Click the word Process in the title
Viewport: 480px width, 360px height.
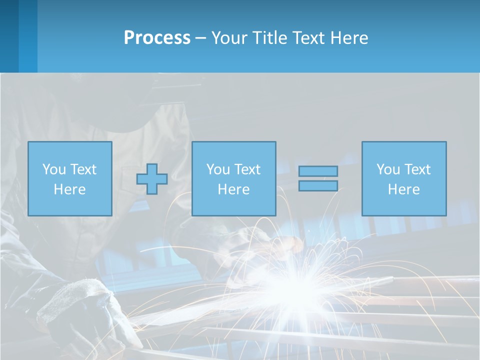point(157,38)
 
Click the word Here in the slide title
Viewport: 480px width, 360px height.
point(349,38)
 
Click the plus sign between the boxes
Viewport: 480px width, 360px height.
point(152,178)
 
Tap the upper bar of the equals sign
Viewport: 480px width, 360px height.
point(318,171)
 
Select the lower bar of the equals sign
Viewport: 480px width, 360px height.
point(318,185)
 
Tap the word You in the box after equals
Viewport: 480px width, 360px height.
point(388,169)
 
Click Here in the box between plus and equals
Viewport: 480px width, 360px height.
point(233,189)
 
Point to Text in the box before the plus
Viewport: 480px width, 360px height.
point(83,169)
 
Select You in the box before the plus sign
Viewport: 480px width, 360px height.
point(54,169)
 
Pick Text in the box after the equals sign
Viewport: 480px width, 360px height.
point(417,169)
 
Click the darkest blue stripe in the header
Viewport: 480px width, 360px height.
point(9,36)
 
